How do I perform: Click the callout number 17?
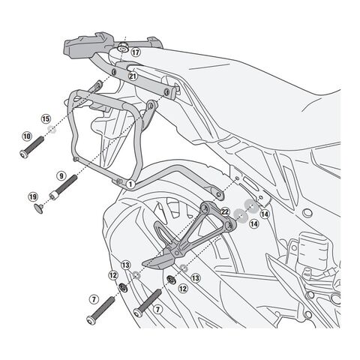pos(135,52)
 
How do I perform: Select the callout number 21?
pos(132,75)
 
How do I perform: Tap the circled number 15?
pos(46,118)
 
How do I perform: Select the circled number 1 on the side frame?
pos(130,184)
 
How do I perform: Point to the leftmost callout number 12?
pos(113,275)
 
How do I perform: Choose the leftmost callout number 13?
pos(126,264)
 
